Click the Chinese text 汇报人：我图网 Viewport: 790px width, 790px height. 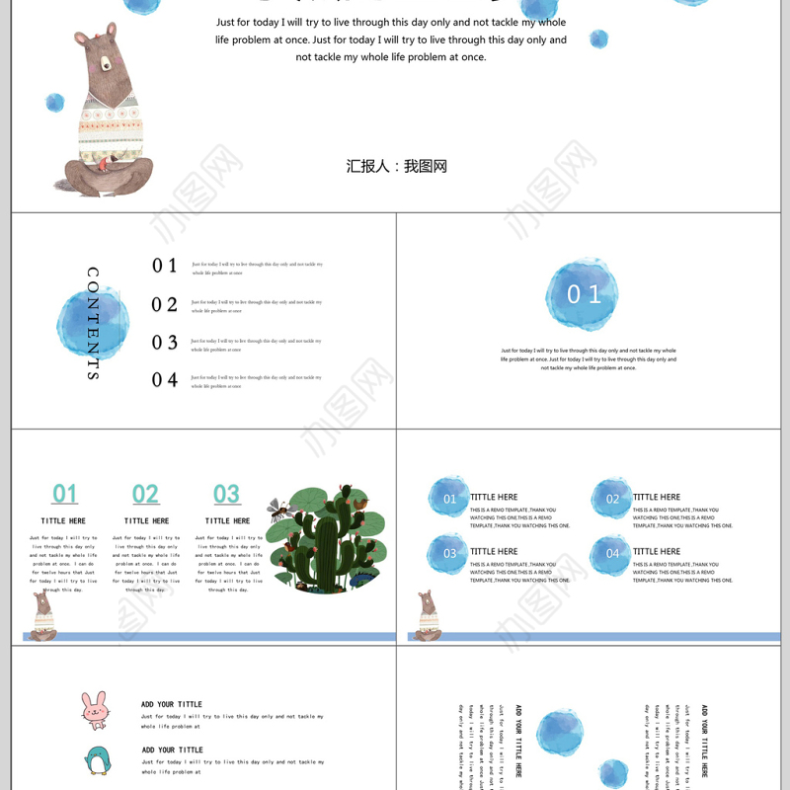397,166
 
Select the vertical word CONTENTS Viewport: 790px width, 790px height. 93,323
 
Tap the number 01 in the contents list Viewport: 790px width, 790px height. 165,266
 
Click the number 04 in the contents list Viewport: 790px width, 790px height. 165,380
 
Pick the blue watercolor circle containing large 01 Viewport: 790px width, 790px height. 583,294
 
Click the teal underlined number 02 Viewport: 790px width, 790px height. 145,495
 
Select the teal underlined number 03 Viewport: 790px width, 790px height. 226,495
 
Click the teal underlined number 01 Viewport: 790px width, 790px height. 65,495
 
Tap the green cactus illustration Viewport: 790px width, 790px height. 326,541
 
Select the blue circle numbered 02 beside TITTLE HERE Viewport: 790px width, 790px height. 612,499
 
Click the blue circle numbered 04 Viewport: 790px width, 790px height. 612,554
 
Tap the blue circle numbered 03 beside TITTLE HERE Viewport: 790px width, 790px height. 449,554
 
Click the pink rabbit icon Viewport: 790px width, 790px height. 95,710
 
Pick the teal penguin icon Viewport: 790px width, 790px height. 97,760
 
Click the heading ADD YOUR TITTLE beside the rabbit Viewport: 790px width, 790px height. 172,704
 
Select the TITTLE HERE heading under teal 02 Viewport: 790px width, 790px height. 146,520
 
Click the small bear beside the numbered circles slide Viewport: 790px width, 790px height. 428,616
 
